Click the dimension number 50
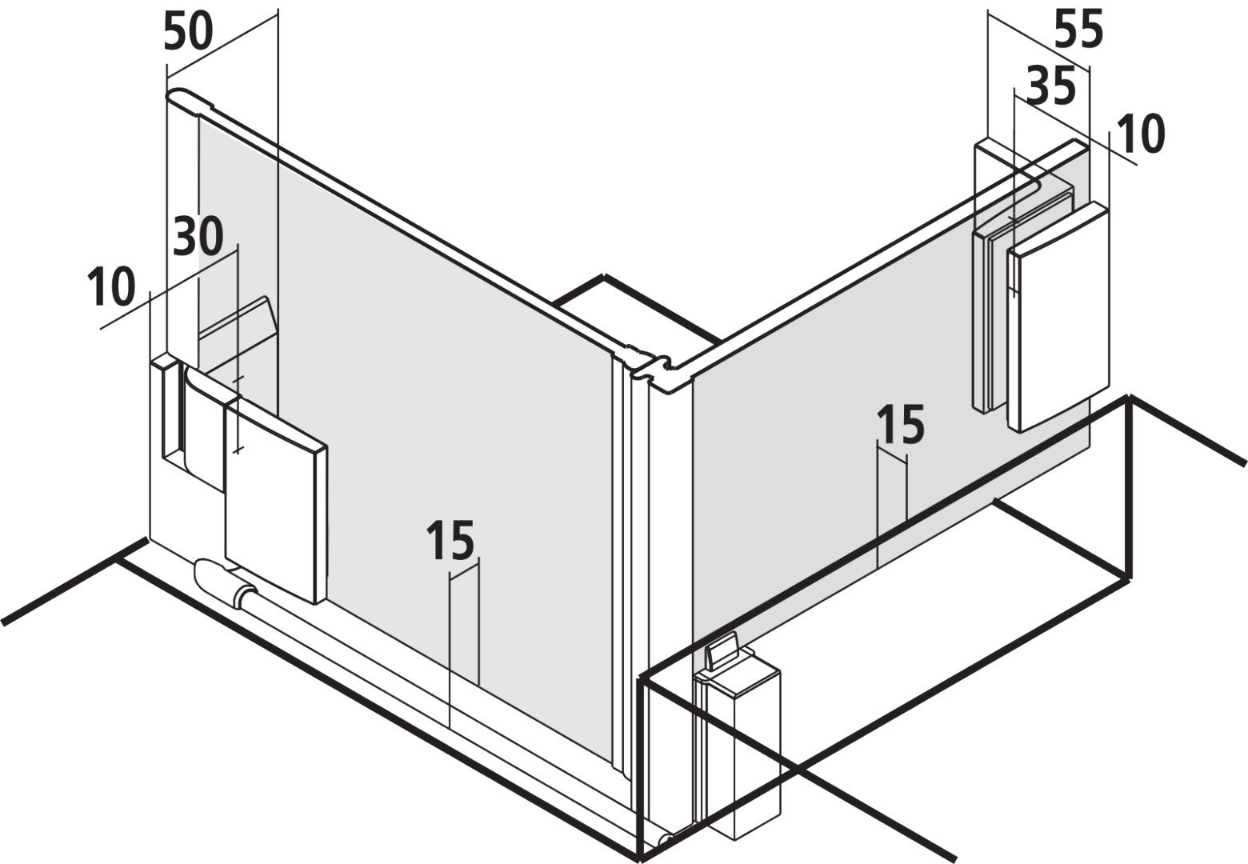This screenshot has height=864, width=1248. click(188, 33)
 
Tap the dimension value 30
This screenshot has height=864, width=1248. click(198, 238)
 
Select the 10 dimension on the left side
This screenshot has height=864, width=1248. click(111, 287)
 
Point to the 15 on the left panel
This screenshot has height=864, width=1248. click(450, 540)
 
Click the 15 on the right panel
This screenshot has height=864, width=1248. click(901, 425)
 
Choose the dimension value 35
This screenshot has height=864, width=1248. click(1051, 86)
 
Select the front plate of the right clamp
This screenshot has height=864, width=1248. click(1058, 317)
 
